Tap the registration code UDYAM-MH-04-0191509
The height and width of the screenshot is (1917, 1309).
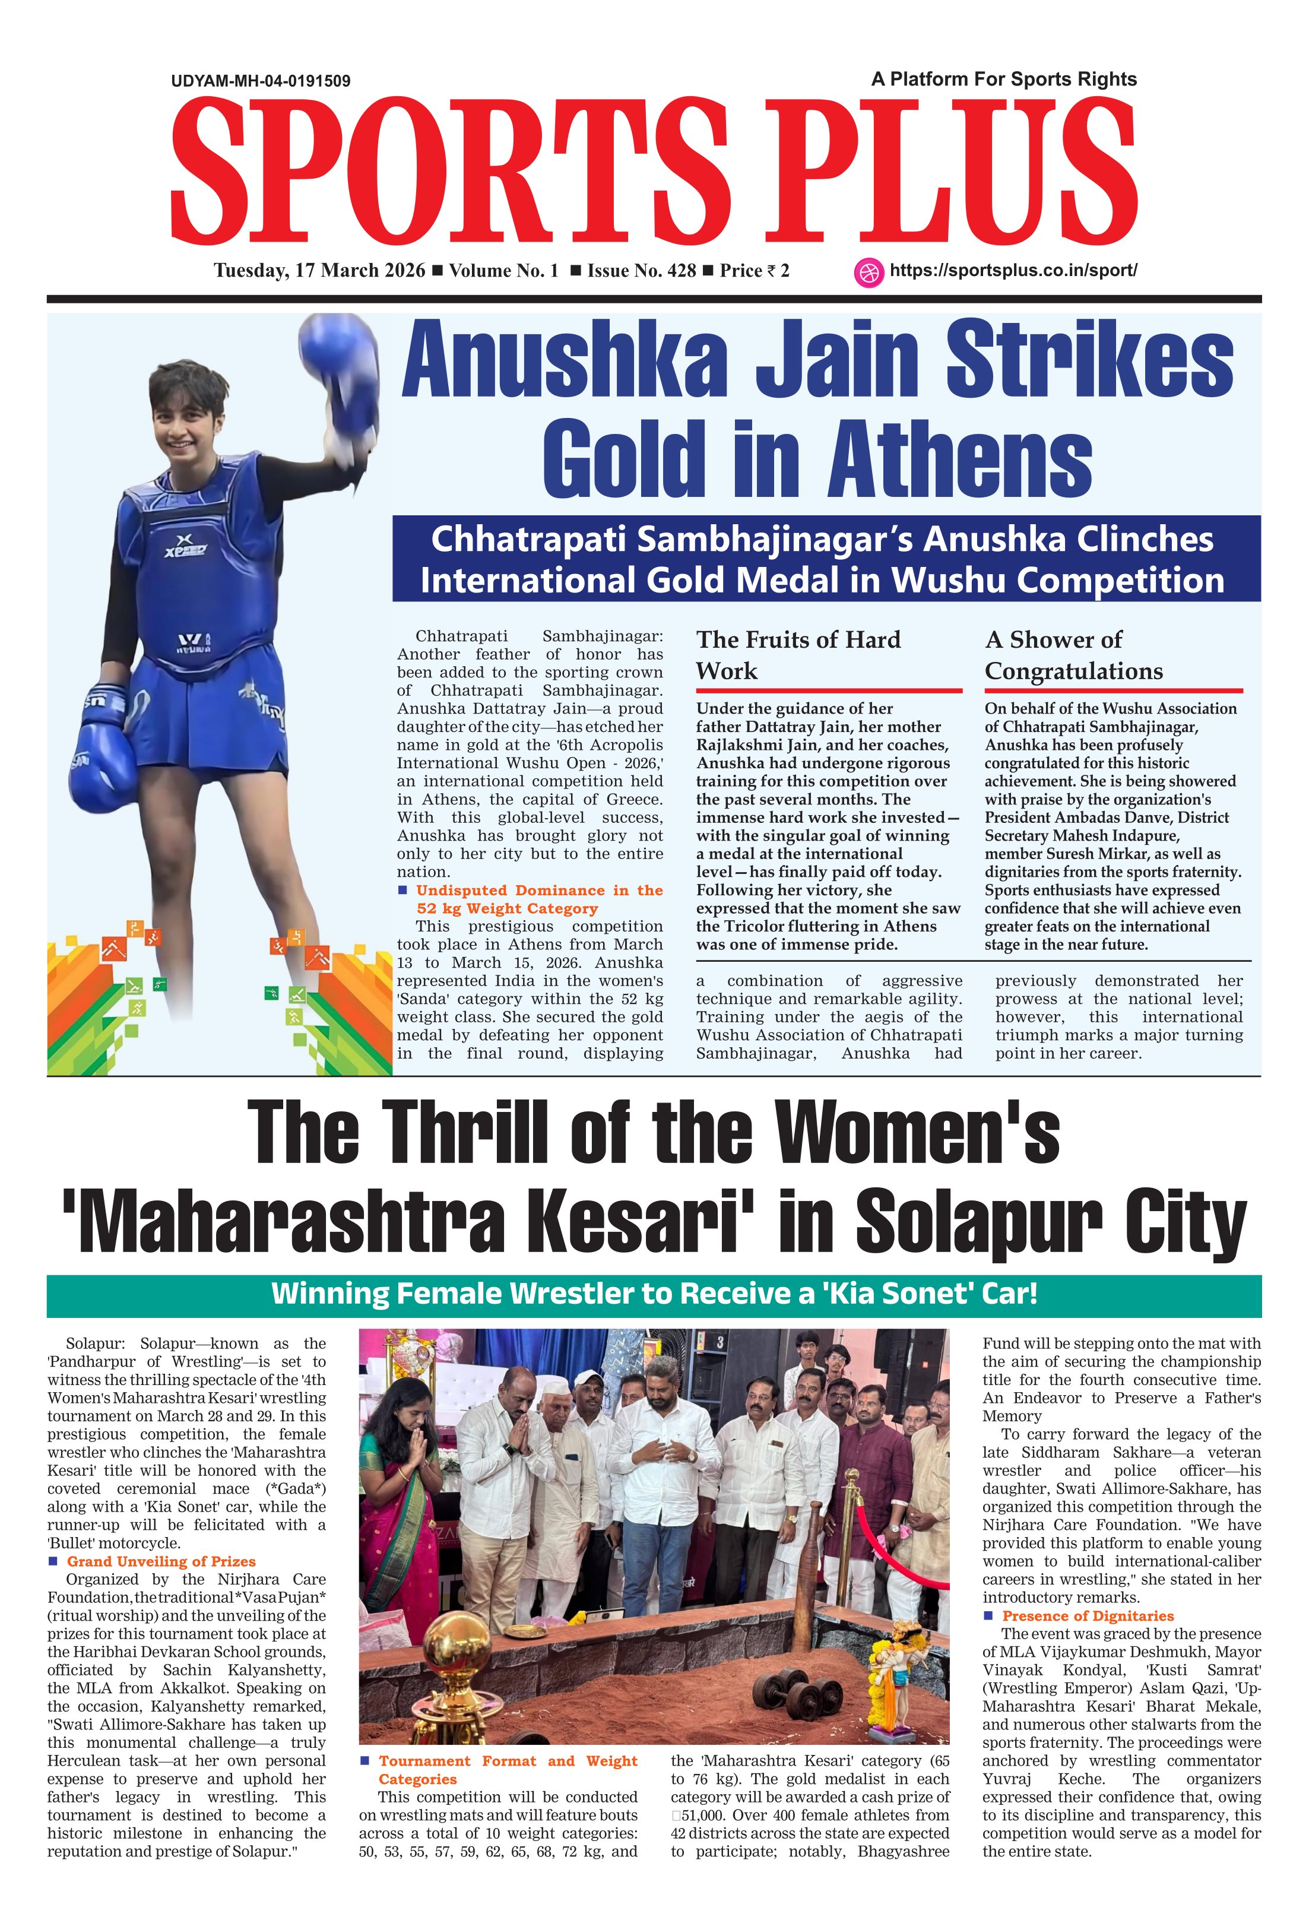coord(261,81)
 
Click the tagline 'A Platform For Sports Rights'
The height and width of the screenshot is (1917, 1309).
coord(1004,79)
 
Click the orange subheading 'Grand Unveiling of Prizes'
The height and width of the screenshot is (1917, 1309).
coord(161,1561)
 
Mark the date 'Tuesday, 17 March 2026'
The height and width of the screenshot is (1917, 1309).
coord(319,271)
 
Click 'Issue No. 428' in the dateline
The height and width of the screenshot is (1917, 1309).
coord(641,271)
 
